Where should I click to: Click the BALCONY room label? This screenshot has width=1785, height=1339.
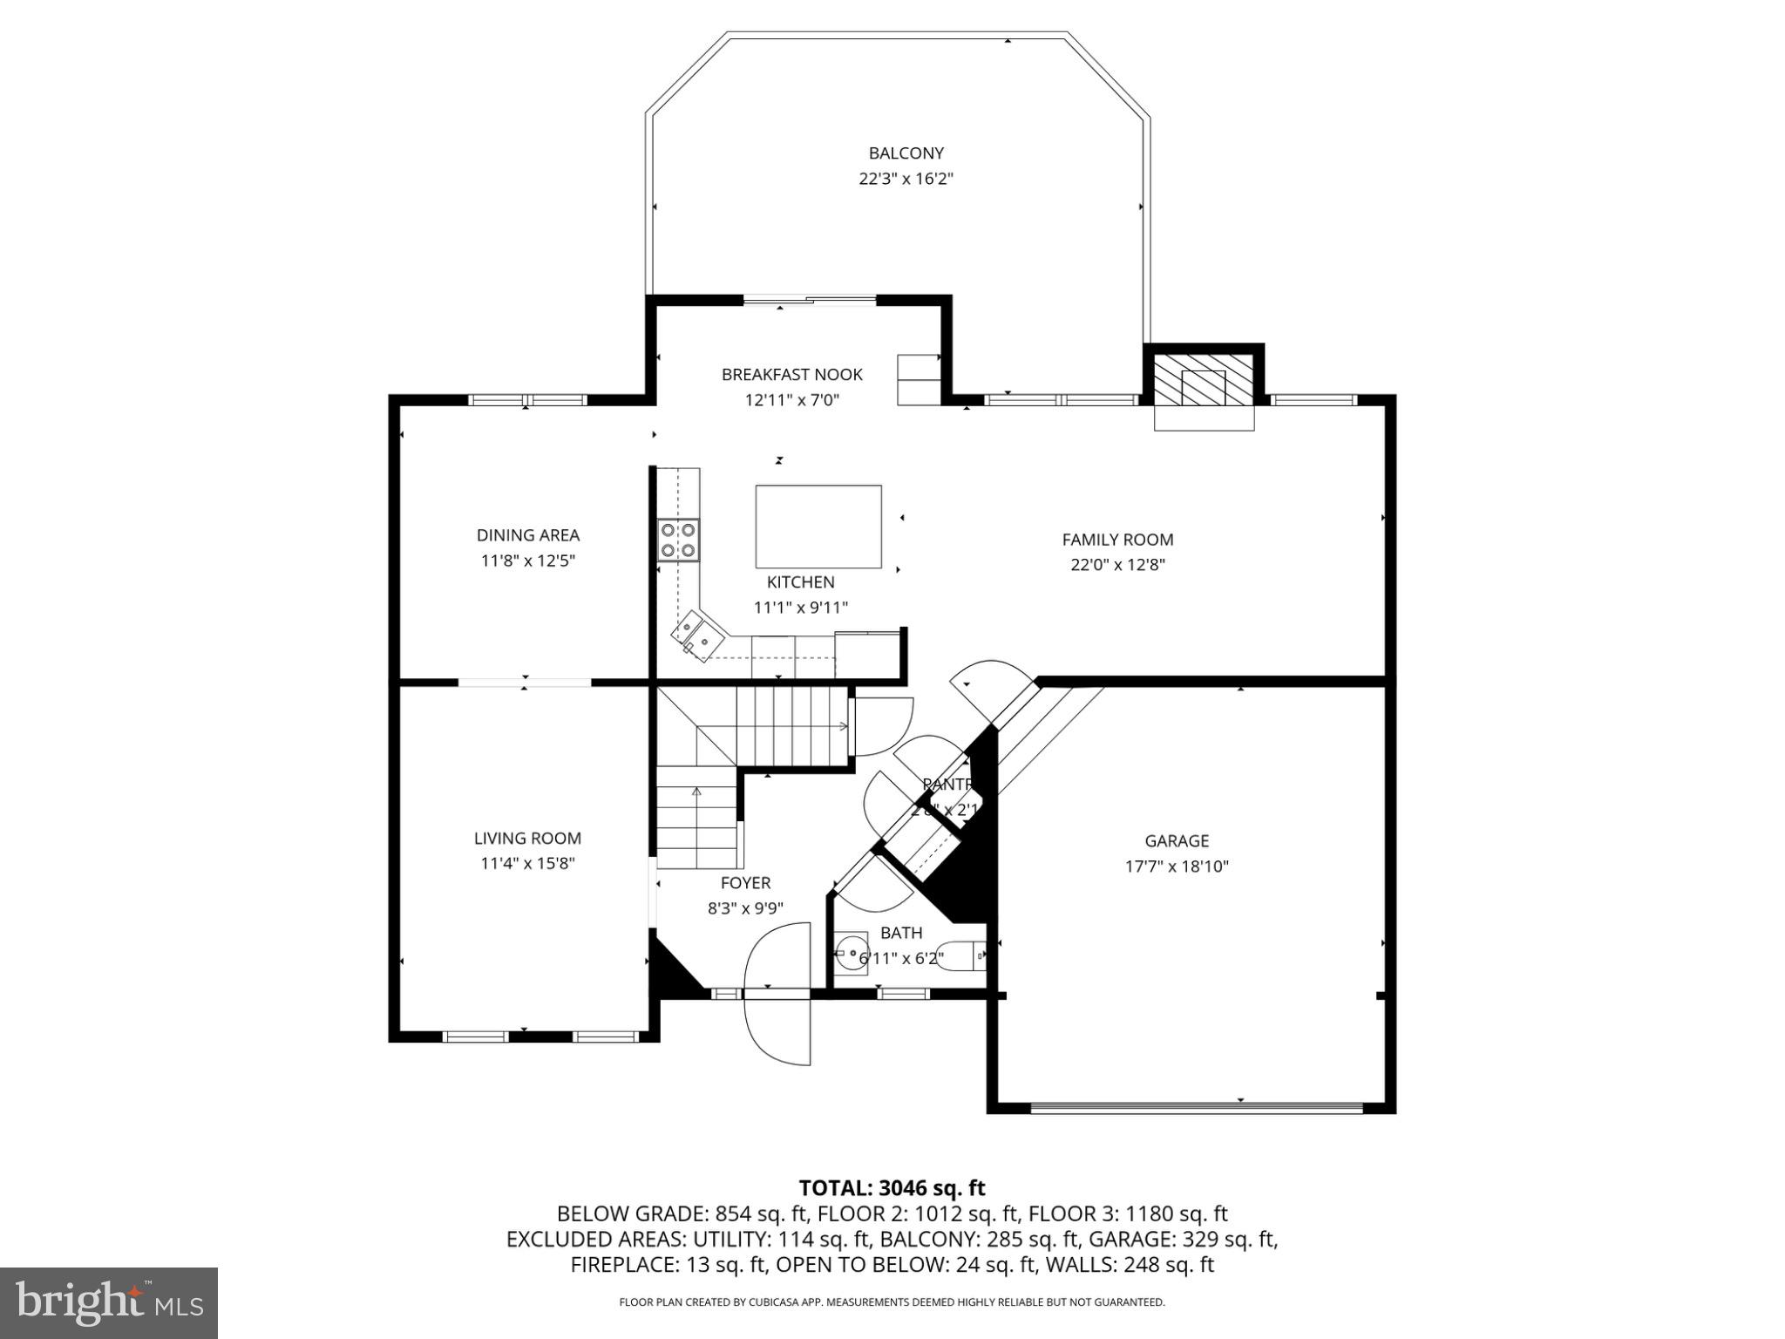point(906,153)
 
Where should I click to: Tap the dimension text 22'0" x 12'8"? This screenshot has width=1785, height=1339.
point(1117,565)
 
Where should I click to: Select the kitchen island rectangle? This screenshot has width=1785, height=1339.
point(818,527)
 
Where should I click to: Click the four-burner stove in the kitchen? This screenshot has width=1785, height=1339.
point(678,539)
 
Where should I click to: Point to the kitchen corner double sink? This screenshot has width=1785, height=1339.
point(696,635)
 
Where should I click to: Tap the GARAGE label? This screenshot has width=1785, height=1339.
point(1176,841)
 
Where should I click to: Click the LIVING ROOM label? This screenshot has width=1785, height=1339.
point(527,839)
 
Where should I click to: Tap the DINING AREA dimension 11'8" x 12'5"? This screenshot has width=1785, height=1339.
point(528,561)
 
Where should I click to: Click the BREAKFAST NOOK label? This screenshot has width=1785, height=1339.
point(791,375)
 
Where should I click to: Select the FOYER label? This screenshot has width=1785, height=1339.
point(745,883)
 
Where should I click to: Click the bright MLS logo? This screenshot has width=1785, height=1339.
point(109,1303)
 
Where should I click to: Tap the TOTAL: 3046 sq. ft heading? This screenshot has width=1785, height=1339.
point(892,1188)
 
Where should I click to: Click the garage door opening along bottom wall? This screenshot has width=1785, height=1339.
point(1196,1108)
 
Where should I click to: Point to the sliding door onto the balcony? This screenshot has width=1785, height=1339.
point(809,302)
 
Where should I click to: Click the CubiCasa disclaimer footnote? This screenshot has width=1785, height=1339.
point(892,1302)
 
